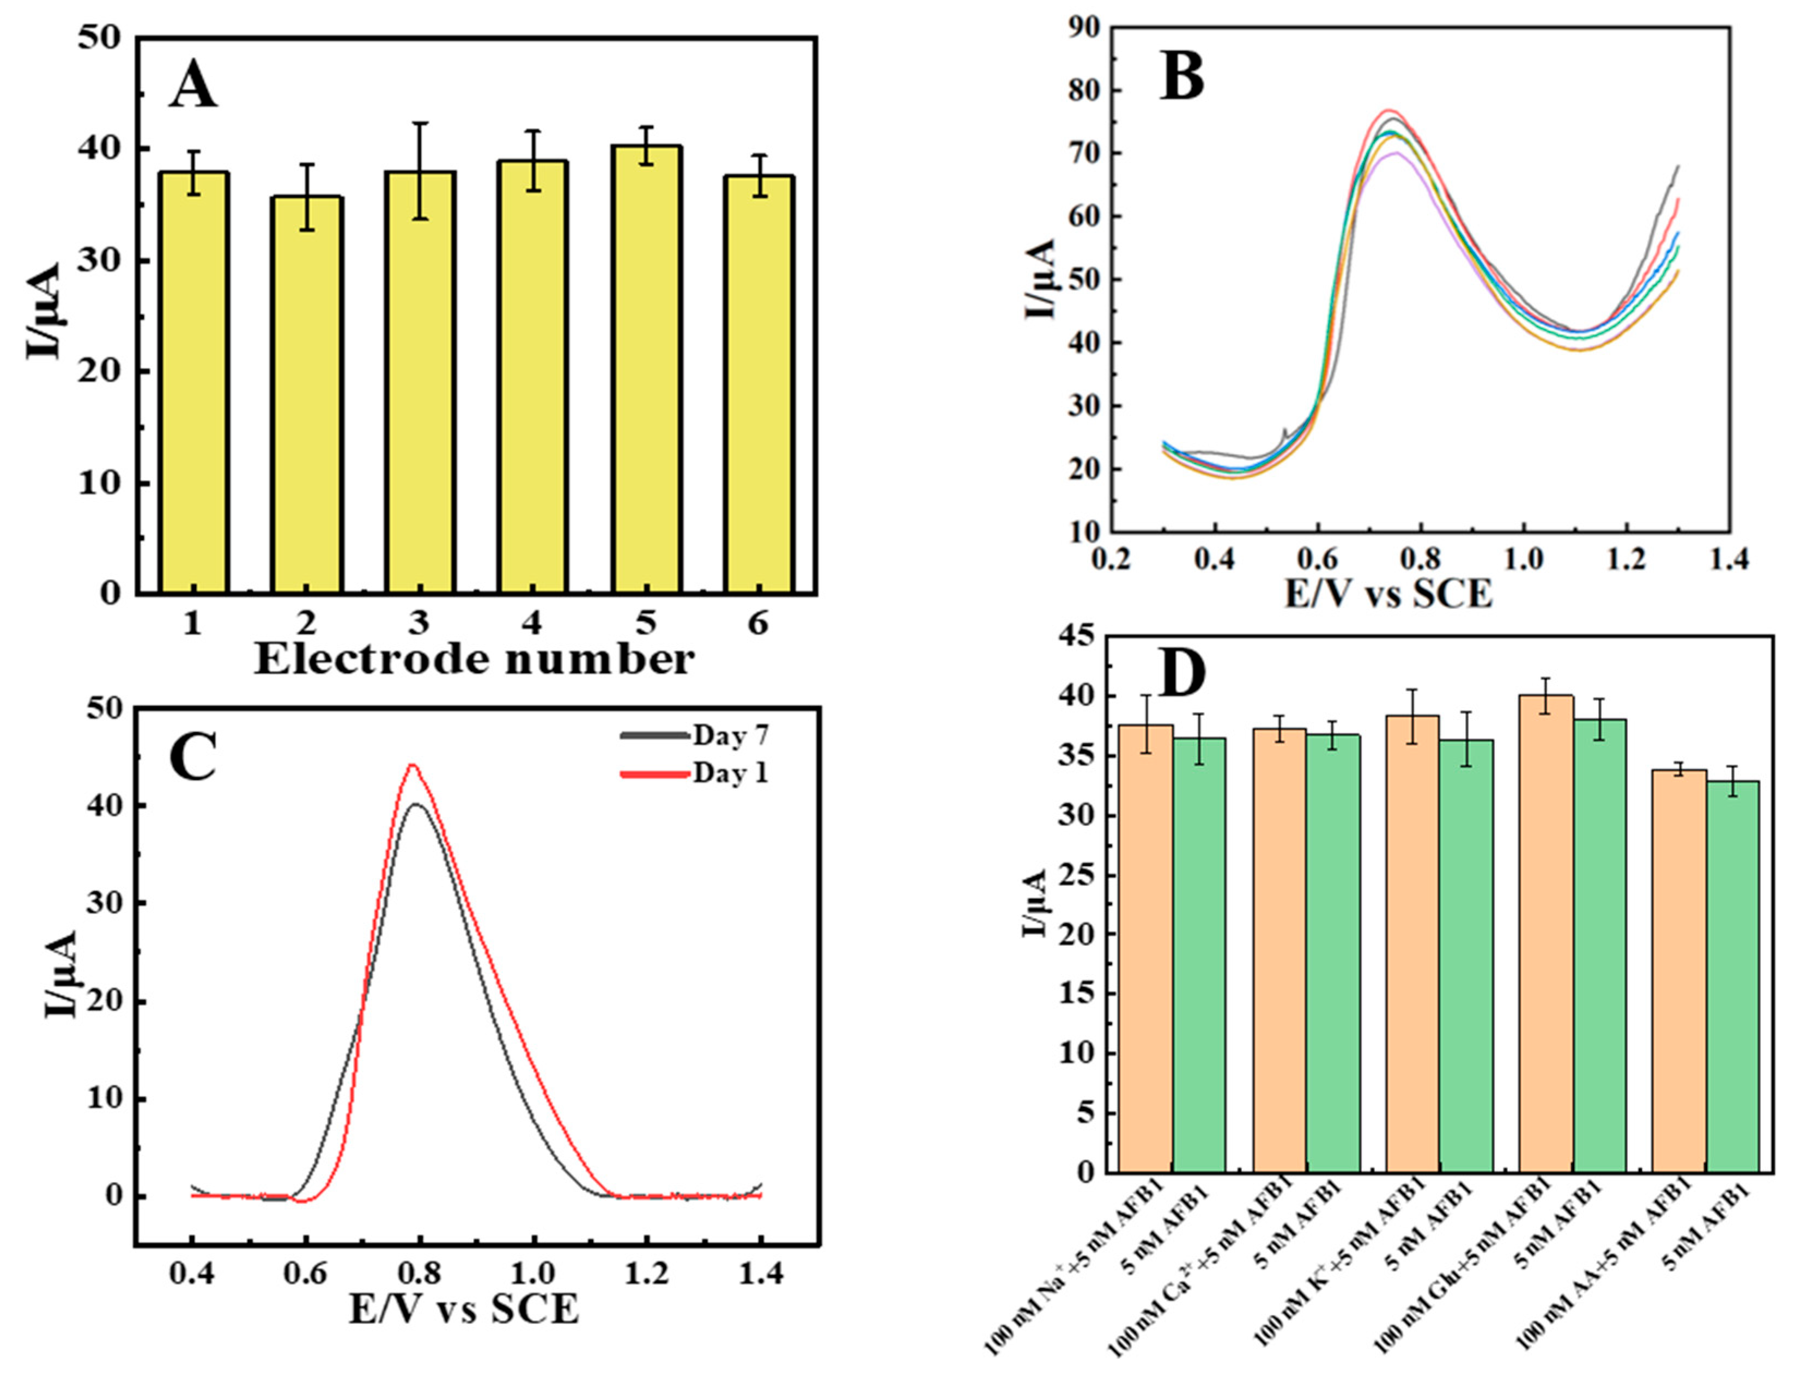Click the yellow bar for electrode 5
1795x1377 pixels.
click(645, 369)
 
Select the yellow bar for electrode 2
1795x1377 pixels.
click(307, 393)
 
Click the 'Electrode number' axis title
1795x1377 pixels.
click(475, 660)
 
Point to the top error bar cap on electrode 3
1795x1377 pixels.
click(420, 124)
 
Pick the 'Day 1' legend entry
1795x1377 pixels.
click(730, 773)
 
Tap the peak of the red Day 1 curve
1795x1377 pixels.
click(413, 765)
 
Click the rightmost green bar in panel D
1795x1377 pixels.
click(1732, 976)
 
